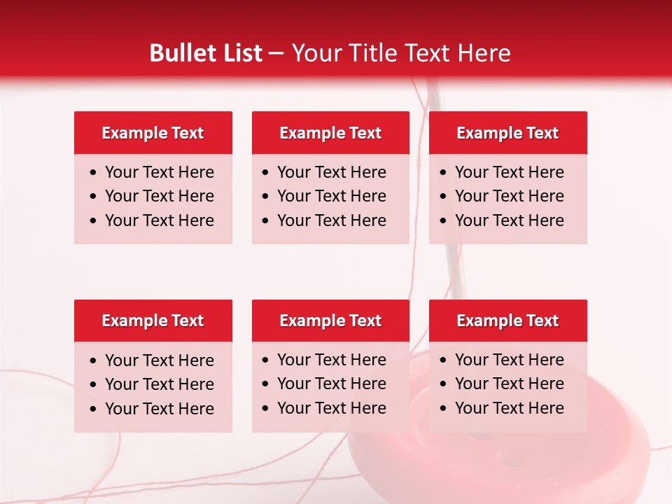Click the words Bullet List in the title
point(206,53)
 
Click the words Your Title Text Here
point(401,53)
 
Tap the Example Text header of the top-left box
point(153,133)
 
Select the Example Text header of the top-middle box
point(330,133)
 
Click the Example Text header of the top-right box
point(507,133)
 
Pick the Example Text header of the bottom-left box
point(153,321)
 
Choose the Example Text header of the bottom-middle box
point(330,321)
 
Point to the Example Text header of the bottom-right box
point(507,321)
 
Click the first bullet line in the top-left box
point(159,172)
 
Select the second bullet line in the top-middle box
point(331,196)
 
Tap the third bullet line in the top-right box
point(509,220)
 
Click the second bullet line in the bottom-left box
point(159,384)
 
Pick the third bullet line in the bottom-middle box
point(331,408)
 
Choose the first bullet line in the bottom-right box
point(509,360)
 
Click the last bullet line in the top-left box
point(159,220)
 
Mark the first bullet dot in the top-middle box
point(266,173)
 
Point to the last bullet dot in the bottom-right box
point(444,409)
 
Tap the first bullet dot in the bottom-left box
point(94,361)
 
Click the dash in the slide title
point(276,54)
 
